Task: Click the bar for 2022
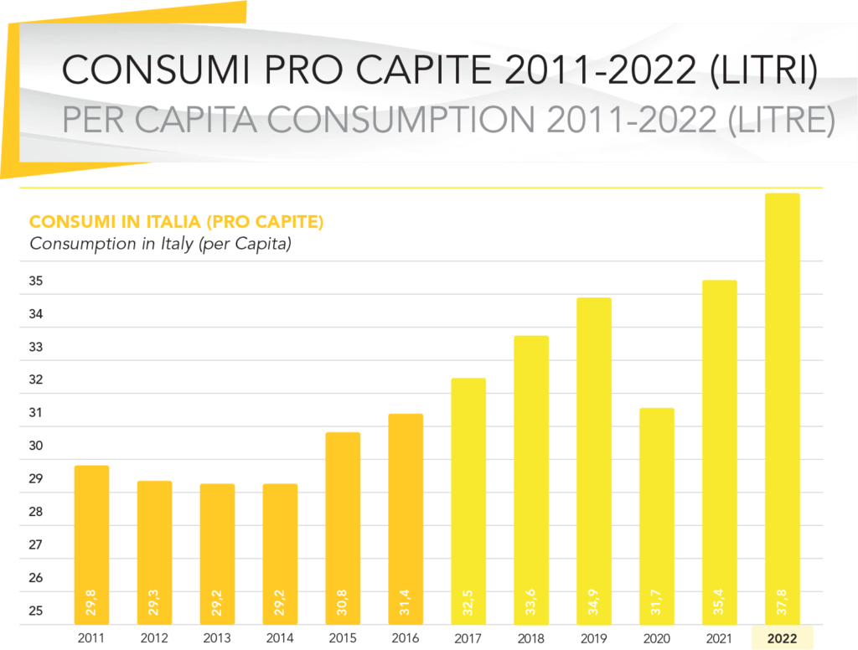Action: point(782,402)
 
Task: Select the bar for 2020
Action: point(657,511)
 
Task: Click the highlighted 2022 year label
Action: point(783,638)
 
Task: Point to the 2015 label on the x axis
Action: point(343,638)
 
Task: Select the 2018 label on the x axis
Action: point(531,638)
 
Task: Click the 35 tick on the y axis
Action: point(36,282)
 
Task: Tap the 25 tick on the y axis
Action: point(36,611)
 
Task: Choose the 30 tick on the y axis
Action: point(36,446)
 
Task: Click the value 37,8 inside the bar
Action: point(783,601)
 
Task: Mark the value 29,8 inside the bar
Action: point(92,601)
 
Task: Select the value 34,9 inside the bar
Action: point(595,601)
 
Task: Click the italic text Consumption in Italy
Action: point(160,245)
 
